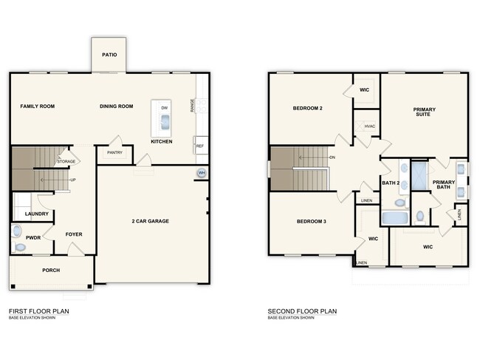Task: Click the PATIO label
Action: (109, 54)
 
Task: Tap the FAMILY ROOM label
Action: (37, 106)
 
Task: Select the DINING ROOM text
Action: (116, 106)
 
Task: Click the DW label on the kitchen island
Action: (164, 108)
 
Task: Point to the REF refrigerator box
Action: (199, 146)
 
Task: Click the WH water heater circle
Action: (201, 174)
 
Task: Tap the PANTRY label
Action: (114, 153)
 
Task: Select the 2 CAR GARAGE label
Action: (151, 220)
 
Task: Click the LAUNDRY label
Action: (37, 214)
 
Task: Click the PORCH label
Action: (51, 271)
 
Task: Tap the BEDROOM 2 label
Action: (308, 109)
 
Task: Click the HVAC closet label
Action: (369, 126)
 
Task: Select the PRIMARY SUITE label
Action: (424, 112)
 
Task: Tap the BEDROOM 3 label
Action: (312, 221)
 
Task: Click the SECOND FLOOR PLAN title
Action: (301, 311)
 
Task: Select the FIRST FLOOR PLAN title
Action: (38, 311)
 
